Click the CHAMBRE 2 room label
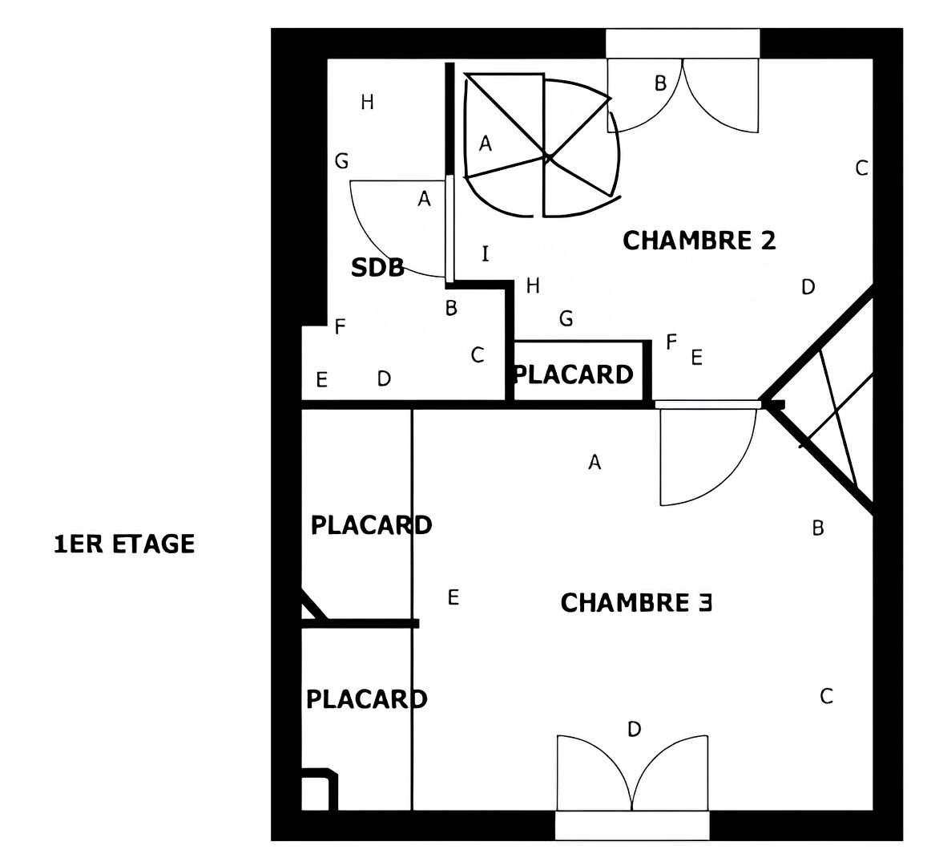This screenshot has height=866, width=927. (x=699, y=241)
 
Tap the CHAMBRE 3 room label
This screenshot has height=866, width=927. (x=636, y=603)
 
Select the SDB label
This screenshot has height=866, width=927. (x=378, y=268)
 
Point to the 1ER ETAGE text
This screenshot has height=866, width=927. (x=124, y=544)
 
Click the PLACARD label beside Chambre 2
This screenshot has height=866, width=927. (x=574, y=374)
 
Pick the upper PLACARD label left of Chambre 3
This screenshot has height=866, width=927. (x=371, y=525)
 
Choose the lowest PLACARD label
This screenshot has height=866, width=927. (x=366, y=699)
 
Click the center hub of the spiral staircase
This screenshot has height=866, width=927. (x=547, y=157)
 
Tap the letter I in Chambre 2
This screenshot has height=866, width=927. (x=486, y=253)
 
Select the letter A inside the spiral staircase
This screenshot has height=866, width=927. (x=486, y=144)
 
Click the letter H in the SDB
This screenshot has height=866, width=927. (x=367, y=103)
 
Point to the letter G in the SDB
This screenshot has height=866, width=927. (x=341, y=161)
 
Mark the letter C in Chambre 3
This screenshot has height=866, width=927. (x=827, y=696)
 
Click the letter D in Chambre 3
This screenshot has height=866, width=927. (x=634, y=729)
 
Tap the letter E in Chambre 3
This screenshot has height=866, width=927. (x=453, y=597)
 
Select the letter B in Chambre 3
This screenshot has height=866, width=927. (x=818, y=528)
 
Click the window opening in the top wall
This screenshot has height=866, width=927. (x=683, y=44)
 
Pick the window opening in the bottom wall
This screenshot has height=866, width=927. (x=632, y=825)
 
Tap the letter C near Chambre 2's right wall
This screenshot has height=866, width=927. (x=862, y=168)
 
